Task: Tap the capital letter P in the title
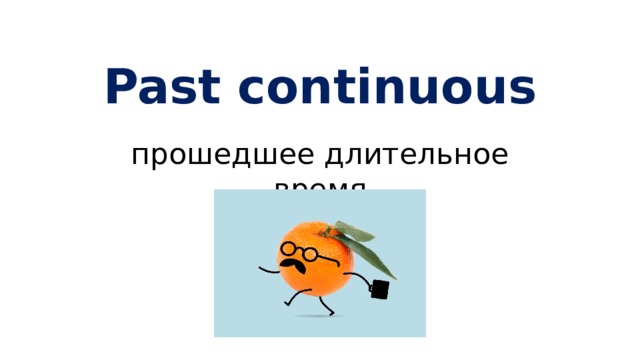point(122,88)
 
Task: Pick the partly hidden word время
point(320,185)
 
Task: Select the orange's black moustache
point(294,267)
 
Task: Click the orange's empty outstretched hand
point(262,268)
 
